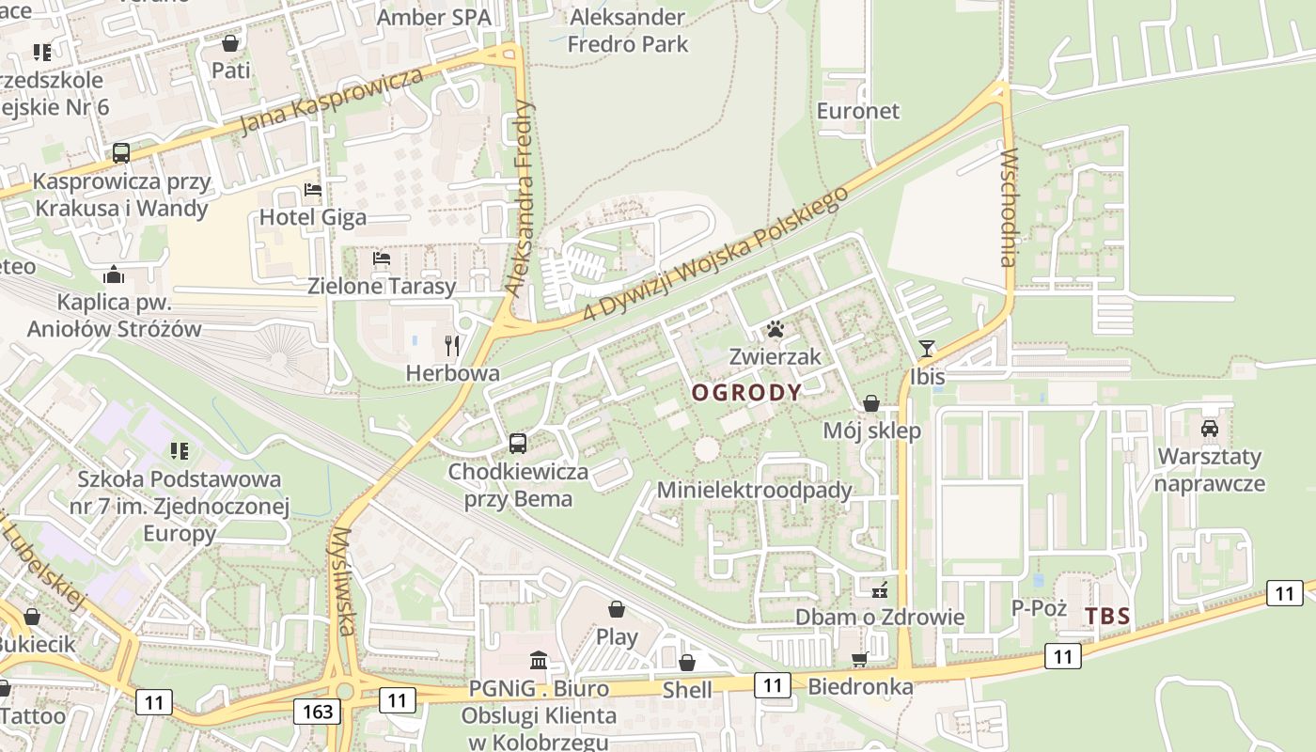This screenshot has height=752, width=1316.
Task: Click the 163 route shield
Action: pos(318,711)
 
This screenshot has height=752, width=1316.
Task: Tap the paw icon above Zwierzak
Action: pos(775,329)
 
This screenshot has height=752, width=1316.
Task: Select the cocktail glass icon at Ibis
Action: pos(927,349)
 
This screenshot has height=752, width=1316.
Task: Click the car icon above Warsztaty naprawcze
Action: pos(1210,429)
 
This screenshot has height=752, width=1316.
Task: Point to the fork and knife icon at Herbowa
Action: pos(452,345)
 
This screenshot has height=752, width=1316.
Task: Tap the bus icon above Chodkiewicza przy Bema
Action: pos(517,443)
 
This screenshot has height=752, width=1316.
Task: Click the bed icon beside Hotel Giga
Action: pos(313,190)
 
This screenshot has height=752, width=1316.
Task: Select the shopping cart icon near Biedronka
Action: pos(859,659)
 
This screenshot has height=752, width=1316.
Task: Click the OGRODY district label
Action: pos(747,393)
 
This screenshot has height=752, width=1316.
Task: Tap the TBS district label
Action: pos(1107,617)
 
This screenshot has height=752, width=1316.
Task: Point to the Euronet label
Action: pos(857,111)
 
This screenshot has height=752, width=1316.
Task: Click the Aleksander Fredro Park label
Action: pos(628,30)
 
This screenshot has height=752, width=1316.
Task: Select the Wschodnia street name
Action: pos(1009,207)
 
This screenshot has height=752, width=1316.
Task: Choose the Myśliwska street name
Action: pos(343,581)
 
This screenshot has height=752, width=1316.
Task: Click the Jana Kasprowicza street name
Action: pos(331,101)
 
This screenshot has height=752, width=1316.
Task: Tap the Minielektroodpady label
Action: pos(754,490)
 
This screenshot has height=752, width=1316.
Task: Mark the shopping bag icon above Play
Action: pos(617,609)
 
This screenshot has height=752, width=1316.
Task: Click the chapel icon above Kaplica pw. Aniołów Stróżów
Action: pos(114,274)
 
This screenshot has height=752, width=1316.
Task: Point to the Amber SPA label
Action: pos(433,17)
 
